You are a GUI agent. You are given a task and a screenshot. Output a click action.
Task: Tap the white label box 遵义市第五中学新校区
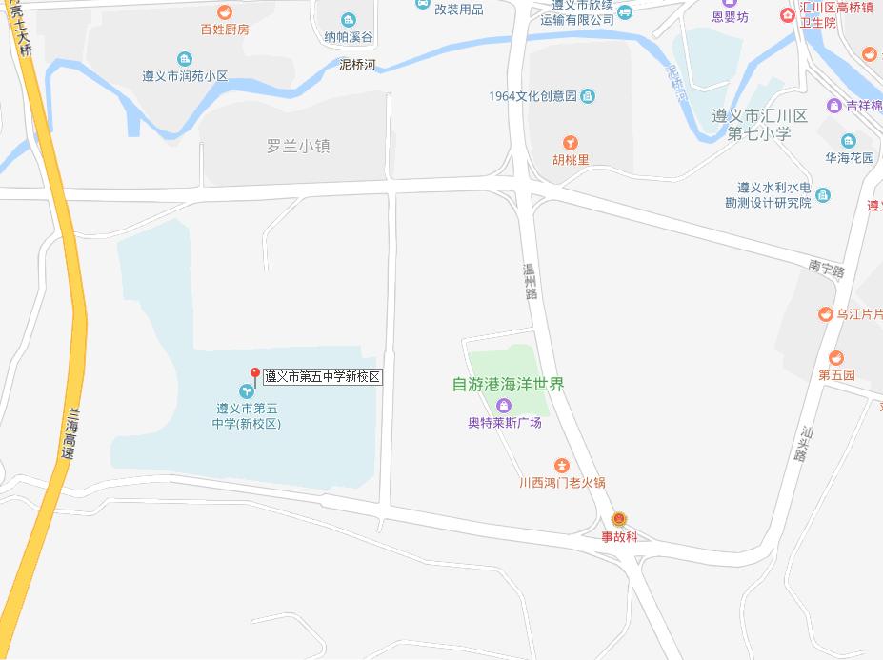point(322,377)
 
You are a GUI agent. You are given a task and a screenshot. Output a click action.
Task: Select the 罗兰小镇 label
point(298,147)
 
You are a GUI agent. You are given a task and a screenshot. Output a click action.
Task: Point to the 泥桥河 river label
point(357,65)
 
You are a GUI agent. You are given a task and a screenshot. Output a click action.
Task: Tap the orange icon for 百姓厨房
point(225,12)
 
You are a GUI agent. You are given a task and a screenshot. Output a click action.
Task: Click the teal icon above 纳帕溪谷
point(349,20)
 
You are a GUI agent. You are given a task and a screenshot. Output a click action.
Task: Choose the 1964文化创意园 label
point(533,96)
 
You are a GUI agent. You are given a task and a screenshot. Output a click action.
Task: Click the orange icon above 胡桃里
point(571,143)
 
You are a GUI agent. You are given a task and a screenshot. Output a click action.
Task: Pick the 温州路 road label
point(530,281)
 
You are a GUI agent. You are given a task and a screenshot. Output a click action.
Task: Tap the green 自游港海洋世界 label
point(508,385)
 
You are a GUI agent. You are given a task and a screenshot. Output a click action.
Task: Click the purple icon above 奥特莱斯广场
point(505,406)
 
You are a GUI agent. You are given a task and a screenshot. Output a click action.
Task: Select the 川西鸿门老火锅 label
point(562,483)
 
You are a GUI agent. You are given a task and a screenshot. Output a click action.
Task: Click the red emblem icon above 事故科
point(619,519)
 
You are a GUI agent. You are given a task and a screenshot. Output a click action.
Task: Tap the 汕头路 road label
point(800,444)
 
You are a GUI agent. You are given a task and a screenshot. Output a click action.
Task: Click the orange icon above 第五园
point(835,358)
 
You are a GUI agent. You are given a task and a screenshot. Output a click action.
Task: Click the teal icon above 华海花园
point(850,141)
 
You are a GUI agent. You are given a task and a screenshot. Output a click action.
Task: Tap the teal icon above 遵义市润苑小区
point(185,59)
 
